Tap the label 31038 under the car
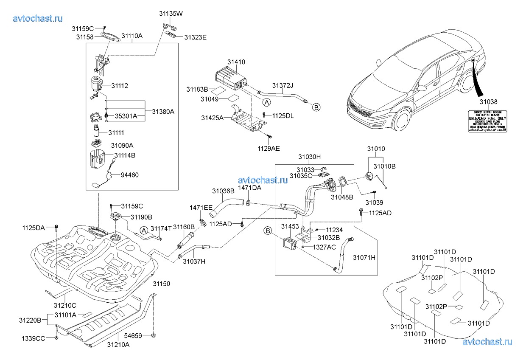click(x=488, y=102)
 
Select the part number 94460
click(x=129, y=174)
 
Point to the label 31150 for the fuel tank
click(x=161, y=283)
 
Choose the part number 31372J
click(x=284, y=85)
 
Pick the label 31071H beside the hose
click(x=363, y=257)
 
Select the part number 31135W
click(x=171, y=14)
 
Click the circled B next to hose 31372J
click(x=316, y=108)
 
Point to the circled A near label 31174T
click(x=143, y=230)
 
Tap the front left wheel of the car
click(x=401, y=120)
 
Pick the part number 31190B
click(x=142, y=217)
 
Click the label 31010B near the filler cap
click(x=384, y=167)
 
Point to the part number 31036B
click(x=223, y=191)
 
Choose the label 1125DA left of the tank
click(x=34, y=228)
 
